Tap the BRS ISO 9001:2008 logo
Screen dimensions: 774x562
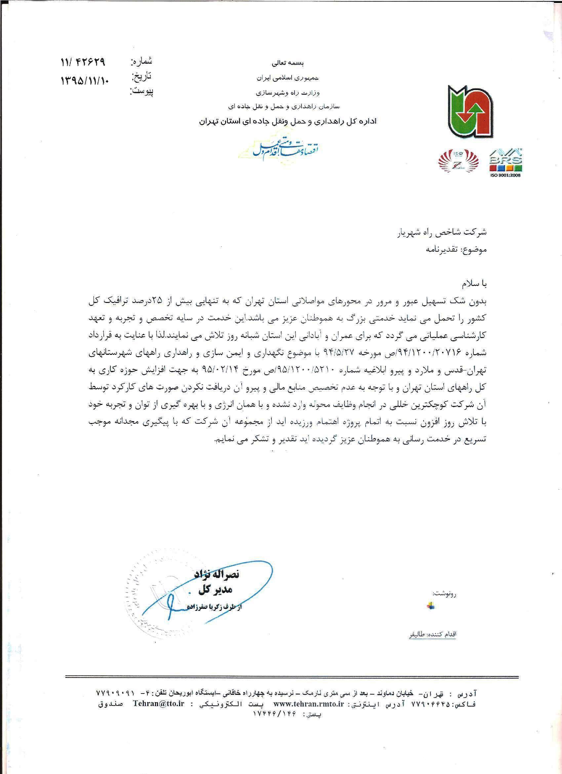point(506,163)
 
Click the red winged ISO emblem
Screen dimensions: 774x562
point(459,162)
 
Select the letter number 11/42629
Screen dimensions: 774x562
point(83,63)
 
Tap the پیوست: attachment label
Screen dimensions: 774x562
point(142,91)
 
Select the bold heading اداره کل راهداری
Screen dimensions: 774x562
point(288,121)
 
